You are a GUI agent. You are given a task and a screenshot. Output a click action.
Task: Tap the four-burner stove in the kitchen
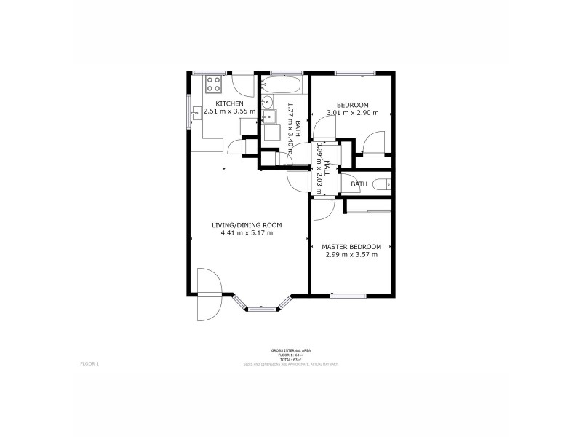coord(213,84)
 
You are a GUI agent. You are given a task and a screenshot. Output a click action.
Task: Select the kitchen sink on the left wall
coord(196,114)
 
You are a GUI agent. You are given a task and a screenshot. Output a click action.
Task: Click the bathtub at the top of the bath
coord(284,85)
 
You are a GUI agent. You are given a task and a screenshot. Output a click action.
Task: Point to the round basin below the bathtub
coord(266,102)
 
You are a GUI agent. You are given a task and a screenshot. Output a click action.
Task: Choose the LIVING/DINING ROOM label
coord(247,225)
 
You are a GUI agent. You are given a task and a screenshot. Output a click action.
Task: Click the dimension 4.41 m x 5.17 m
coord(247,233)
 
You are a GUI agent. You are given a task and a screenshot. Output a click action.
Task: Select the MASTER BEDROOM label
coord(351,247)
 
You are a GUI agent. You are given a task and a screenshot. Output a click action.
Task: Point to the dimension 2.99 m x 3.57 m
coord(351,255)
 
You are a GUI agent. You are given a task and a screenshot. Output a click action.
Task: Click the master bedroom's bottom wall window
coord(348,295)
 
